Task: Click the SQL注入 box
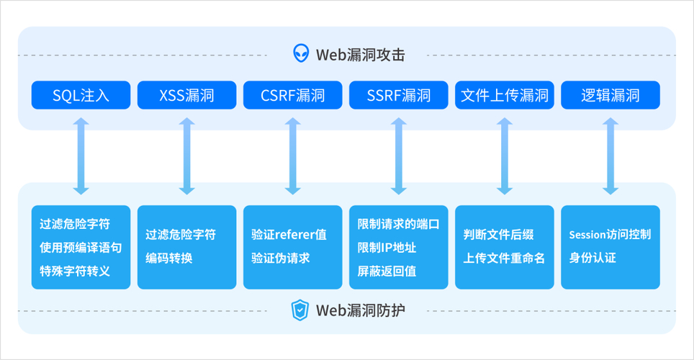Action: [81, 95]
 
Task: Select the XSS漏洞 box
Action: [186, 95]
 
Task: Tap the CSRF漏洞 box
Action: [292, 95]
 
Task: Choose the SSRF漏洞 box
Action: [398, 95]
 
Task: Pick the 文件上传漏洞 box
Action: [504, 95]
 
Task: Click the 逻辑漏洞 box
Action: [610, 95]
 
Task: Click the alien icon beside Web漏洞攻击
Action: [301, 53]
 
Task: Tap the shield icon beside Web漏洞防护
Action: [299, 310]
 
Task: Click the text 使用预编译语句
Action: [81, 247]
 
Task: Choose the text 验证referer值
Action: [289, 235]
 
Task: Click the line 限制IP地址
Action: [387, 247]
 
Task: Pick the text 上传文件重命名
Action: [504, 258]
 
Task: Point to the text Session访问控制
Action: [610, 235]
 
